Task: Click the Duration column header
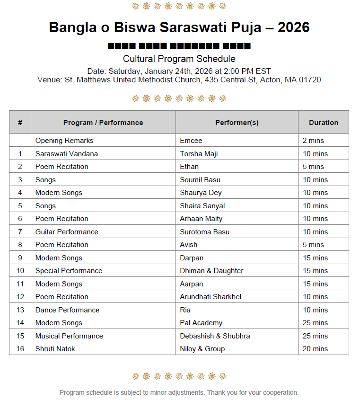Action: [x=324, y=122]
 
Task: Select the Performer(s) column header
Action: [x=237, y=122]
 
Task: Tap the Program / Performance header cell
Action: [x=103, y=122]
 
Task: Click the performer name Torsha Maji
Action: [x=199, y=154]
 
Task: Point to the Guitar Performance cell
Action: [x=67, y=232]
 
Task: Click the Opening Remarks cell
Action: [x=64, y=141]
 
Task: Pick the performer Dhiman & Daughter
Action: [x=211, y=271]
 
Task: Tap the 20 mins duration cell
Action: [x=315, y=349]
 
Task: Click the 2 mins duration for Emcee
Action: [x=313, y=141]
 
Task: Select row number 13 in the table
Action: [x=20, y=310]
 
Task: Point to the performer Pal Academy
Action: [x=201, y=323]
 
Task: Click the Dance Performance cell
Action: [x=67, y=310]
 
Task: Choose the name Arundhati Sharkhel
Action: [x=211, y=297]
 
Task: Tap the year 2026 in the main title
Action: [x=293, y=27]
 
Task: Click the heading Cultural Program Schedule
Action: [x=179, y=59]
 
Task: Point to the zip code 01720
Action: [x=309, y=80]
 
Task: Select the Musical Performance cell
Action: [x=69, y=336]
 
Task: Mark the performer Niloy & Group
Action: [x=202, y=349]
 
